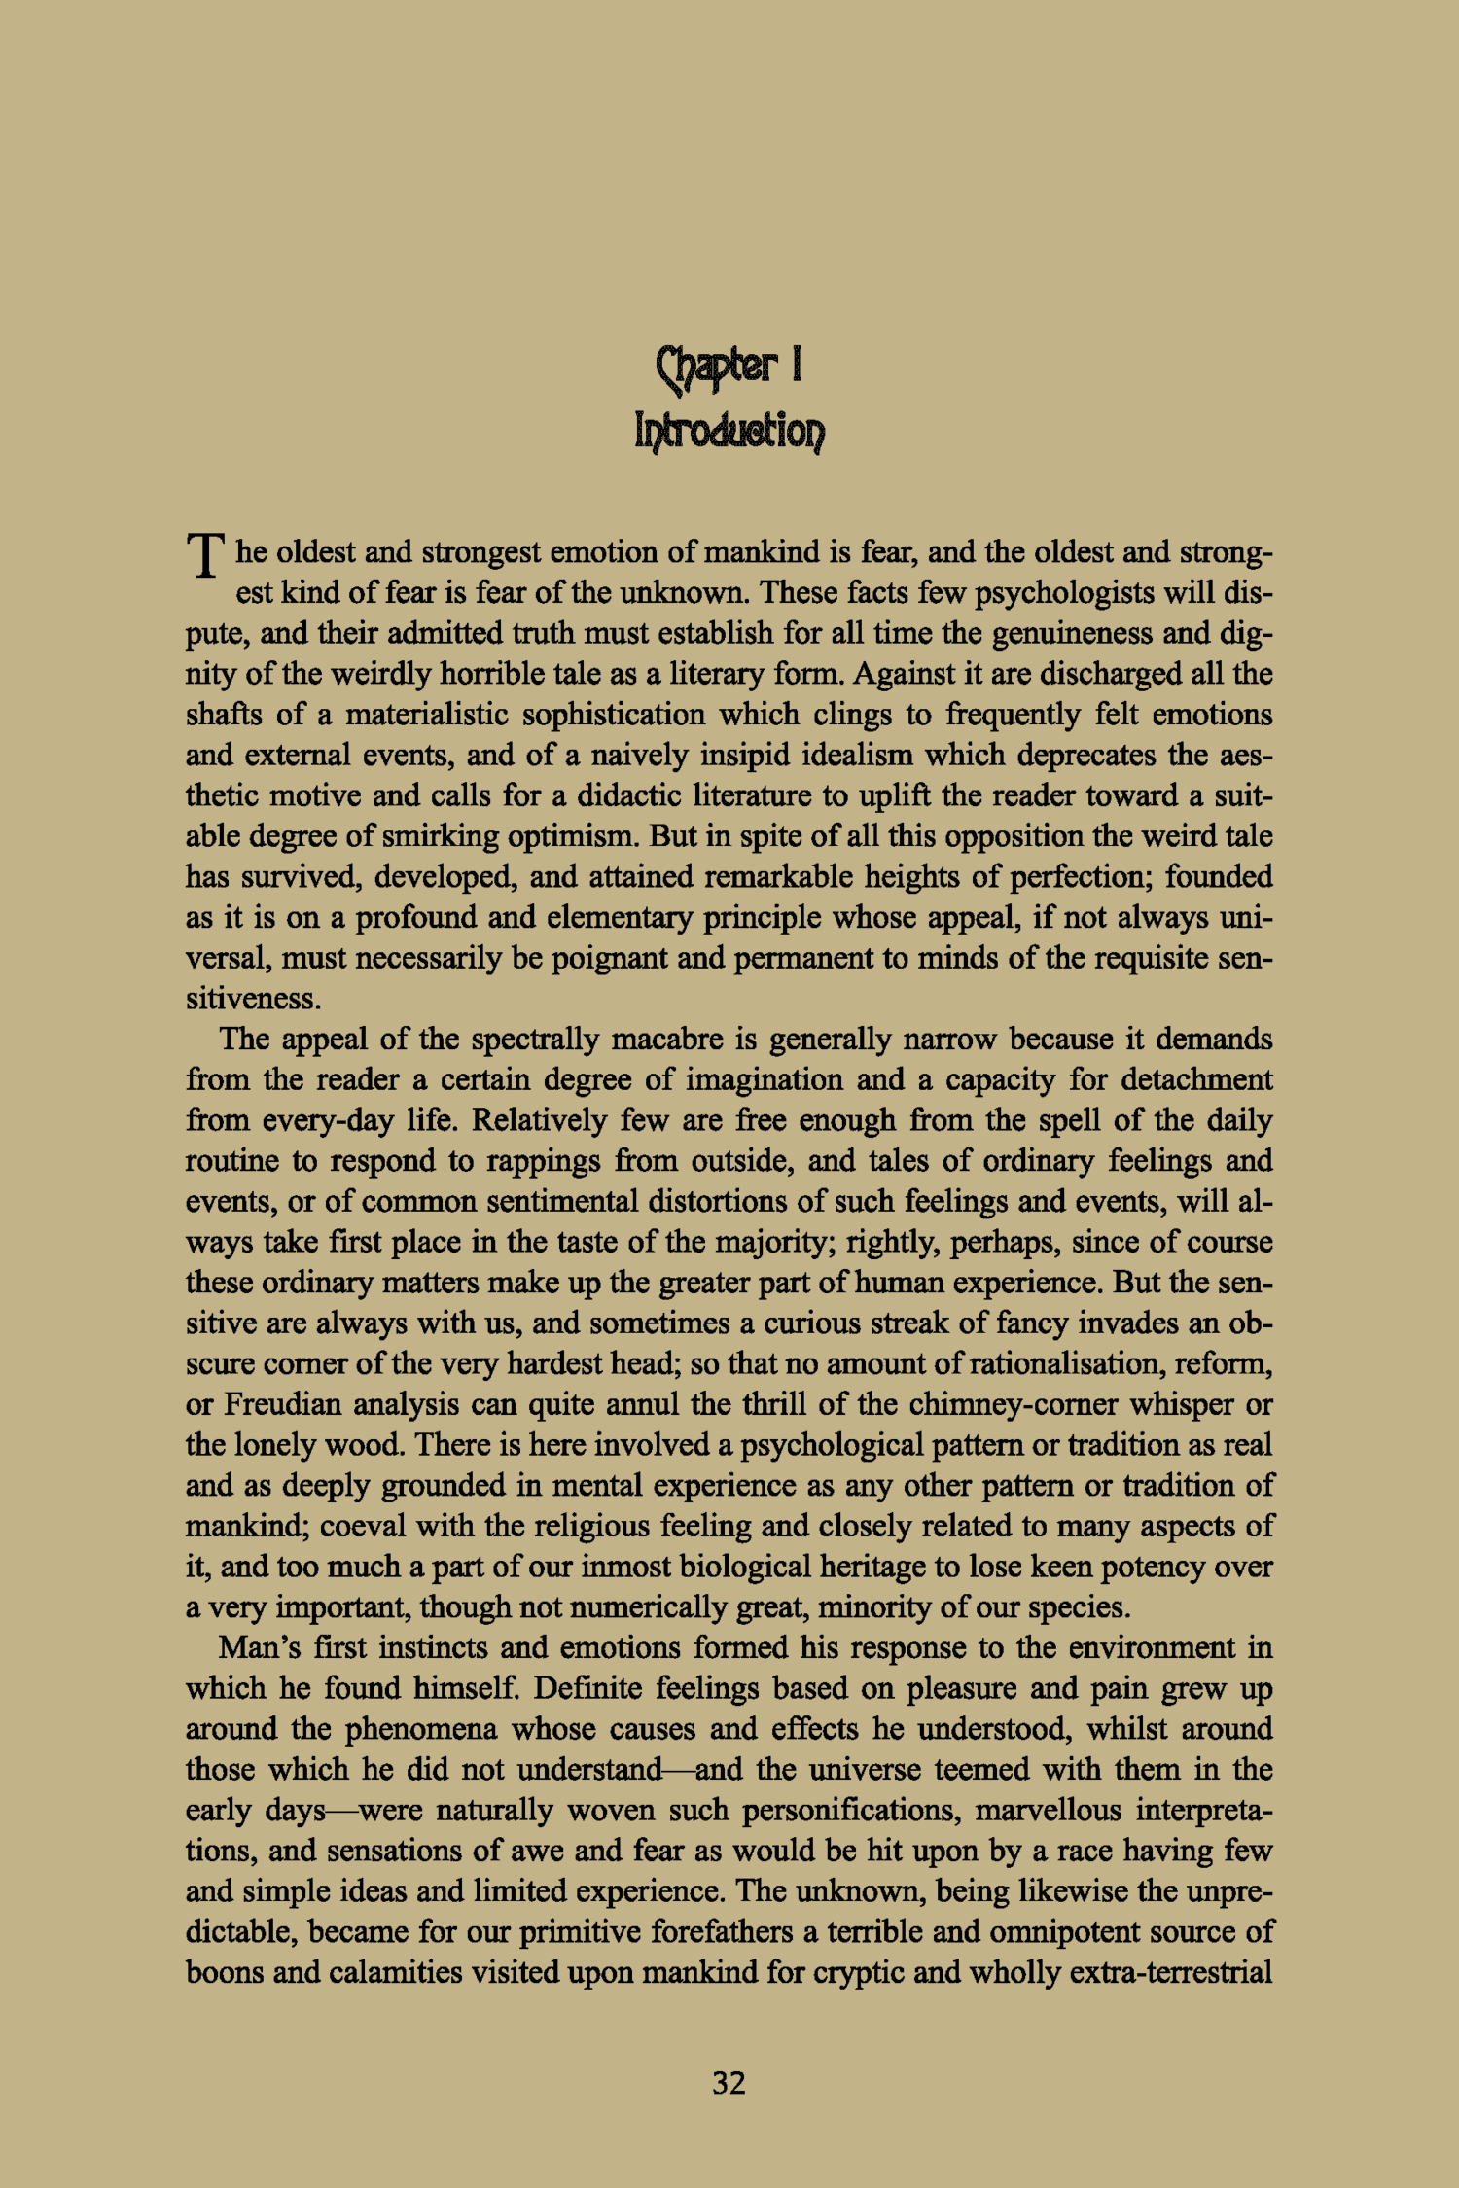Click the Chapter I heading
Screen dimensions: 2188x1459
pos(729,367)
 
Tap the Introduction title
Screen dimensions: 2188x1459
pos(729,429)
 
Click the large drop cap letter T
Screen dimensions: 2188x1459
pos(205,556)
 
